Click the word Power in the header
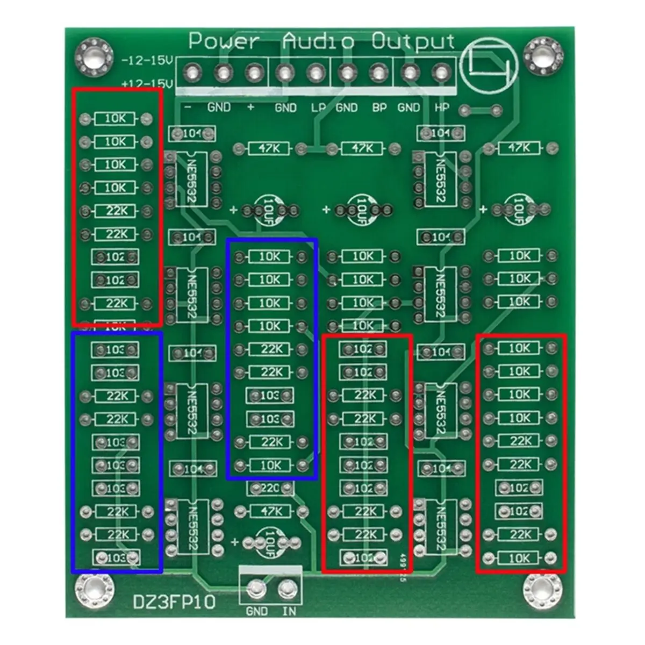click(x=224, y=42)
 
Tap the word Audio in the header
click(x=318, y=42)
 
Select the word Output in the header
click(x=413, y=42)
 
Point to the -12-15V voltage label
click(x=147, y=61)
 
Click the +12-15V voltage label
click(x=147, y=84)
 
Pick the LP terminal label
click(x=318, y=108)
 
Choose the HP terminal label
click(x=441, y=107)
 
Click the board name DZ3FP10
click(x=174, y=603)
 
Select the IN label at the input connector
click(x=289, y=611)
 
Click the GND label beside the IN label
click(x=256, y=611)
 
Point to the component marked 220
click(x=270, y=488)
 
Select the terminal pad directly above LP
click(x=316, y=71)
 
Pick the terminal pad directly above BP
click(x=379, y=71)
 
